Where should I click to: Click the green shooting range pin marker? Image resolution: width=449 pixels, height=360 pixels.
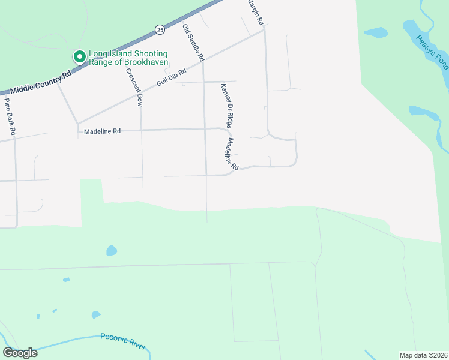[x=79, y=57]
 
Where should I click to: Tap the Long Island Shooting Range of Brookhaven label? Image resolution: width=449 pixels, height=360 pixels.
[x=128, y=58]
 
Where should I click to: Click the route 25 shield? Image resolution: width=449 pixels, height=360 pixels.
[x=159, y=29]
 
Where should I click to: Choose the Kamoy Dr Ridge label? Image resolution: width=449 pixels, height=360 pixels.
[x=226, y=105]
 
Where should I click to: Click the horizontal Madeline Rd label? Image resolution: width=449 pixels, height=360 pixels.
[x=102, y=131]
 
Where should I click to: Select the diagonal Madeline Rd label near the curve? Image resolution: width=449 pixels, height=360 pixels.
[x=232, y=154]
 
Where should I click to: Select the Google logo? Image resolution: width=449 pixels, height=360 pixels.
[x=20, y=353]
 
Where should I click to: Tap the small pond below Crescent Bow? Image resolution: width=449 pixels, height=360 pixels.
[x=111, y=250]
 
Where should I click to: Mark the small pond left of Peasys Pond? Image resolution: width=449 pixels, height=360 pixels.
[x=376, y=32]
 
